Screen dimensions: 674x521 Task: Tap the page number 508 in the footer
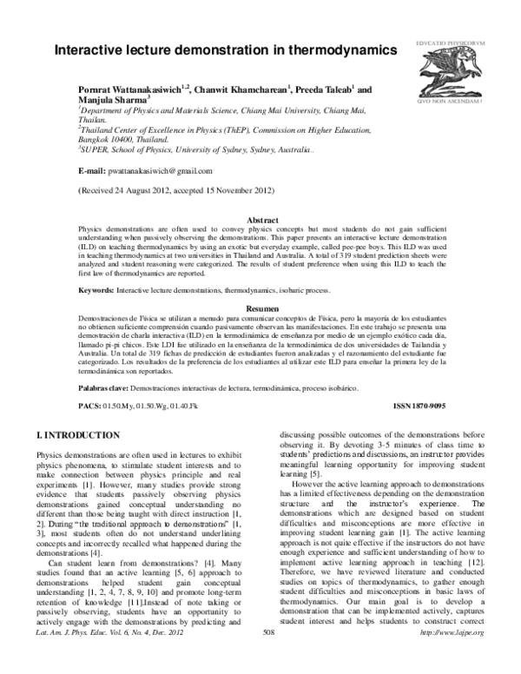(267, 661)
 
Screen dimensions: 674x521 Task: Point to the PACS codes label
(89, 406)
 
